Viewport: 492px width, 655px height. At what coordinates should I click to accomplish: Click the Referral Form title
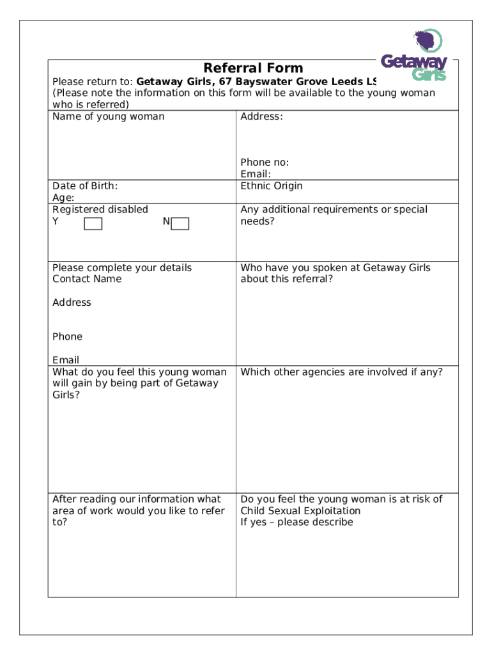[253, 68]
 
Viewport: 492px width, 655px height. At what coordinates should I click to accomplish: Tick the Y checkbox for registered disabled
[93, 223]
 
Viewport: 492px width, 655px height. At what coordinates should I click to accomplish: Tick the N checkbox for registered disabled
[180, 223]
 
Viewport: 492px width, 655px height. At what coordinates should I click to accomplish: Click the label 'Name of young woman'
[108, 116]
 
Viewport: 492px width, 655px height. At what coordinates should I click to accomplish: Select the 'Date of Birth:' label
[85, 186]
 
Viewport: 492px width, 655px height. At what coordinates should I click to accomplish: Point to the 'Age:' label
[63, 198]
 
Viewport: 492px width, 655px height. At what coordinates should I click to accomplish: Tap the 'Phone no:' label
[265, 162]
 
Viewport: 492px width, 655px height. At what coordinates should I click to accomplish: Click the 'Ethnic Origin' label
[272, 186]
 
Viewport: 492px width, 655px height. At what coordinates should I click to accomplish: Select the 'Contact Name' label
[87, 279]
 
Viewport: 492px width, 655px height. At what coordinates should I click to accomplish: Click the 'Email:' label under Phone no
[256, 174]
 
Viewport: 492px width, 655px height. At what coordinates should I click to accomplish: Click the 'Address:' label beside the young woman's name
[261, 116]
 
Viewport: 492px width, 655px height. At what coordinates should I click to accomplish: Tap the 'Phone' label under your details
[67, 336]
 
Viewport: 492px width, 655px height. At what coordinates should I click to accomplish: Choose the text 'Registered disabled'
[100, 209]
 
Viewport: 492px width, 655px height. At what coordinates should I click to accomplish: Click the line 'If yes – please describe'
[296, 522]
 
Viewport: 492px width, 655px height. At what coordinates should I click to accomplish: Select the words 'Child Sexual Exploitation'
[300, 510]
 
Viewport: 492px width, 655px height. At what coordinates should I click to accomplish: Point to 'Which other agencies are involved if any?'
[341, 372]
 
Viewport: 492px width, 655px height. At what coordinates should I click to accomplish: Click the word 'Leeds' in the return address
[347, 82]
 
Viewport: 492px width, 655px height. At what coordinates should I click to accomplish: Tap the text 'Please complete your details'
[122, 267]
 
